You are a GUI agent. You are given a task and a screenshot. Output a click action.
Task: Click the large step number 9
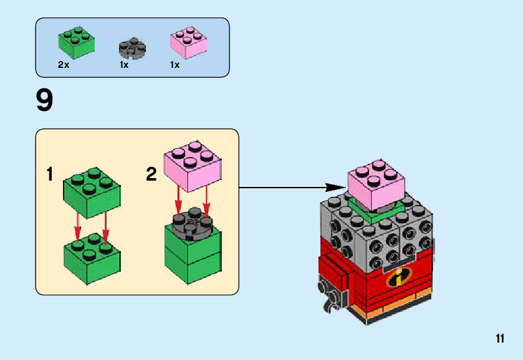pos(45,101)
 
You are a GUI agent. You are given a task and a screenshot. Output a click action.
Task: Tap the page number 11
pos(500,339)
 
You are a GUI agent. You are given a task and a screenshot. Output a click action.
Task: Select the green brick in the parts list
pos(77,42)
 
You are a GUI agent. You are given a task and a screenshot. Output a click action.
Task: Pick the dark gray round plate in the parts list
pos(132,48)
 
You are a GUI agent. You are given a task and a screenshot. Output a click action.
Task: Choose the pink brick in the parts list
pos(188,43)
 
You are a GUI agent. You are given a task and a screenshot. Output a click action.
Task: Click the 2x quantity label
pos(64,65)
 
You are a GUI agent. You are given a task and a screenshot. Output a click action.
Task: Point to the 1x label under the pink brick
pos(175,65)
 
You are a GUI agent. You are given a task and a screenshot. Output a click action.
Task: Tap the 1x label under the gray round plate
pos(124,65)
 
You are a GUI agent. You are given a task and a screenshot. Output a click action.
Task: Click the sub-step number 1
pos(50,175)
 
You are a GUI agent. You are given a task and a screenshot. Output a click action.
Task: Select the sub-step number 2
pos(151,175)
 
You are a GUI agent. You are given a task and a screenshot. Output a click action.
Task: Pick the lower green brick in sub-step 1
pos(92,257)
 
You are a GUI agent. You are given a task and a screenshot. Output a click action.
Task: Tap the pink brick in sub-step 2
pos(192,164)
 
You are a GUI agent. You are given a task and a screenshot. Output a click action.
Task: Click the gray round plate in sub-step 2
pos(193,222)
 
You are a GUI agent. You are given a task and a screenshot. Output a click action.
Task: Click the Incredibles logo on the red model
pos(396,278)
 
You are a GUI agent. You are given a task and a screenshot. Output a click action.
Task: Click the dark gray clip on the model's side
pos(329,293)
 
